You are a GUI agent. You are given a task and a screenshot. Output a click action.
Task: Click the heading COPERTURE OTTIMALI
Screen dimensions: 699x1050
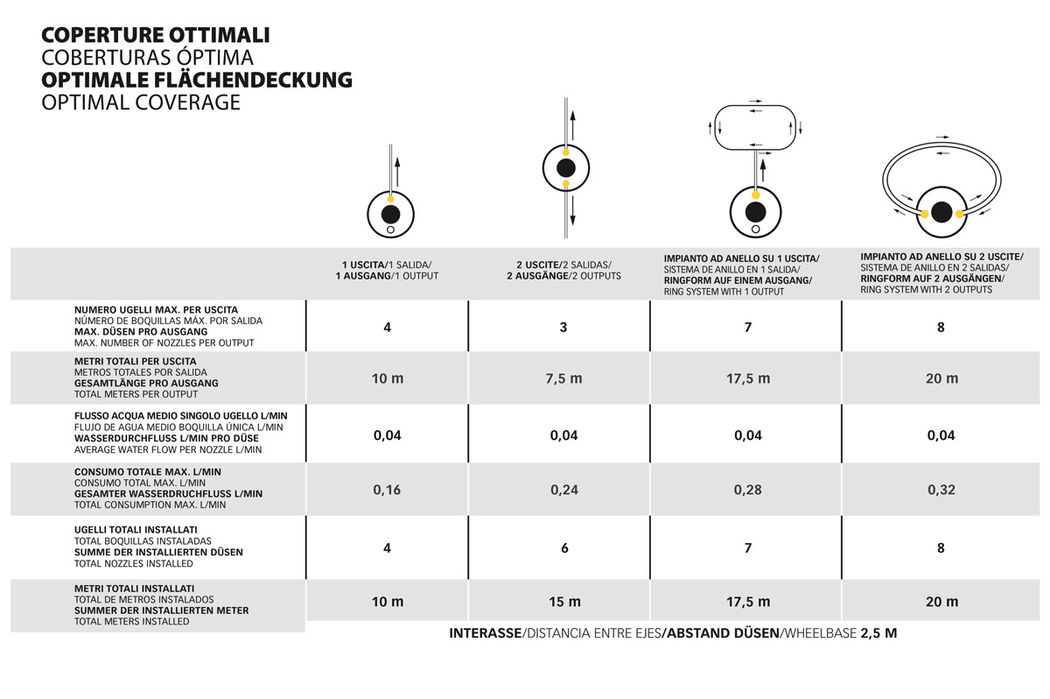tap(155, 35)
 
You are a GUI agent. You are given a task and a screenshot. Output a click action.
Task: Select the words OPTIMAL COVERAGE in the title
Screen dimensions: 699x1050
tap(140, 102)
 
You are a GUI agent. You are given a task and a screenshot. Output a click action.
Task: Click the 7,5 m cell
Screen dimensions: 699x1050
tap(563, 378)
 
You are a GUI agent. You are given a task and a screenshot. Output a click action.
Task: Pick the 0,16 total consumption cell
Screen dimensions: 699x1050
tap(387, 490)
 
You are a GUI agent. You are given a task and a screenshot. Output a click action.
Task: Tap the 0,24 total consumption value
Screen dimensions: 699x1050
tap(564, 490)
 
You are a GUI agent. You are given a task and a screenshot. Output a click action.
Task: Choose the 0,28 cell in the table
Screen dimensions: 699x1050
tap(748, 490)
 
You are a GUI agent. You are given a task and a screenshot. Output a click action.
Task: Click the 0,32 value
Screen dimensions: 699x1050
tap(941, 490)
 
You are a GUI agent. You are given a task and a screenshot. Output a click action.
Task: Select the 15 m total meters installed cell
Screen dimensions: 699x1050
tap(564, 602)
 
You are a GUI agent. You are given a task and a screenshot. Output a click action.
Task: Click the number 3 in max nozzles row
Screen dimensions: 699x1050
tap(563, 327)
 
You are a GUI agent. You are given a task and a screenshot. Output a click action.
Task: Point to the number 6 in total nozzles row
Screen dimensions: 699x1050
tap(564, 548)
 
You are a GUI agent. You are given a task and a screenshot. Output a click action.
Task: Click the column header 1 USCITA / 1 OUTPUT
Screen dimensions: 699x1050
tap(387, 270)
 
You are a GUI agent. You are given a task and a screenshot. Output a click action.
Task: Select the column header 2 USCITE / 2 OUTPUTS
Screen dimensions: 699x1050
tap(564, 270)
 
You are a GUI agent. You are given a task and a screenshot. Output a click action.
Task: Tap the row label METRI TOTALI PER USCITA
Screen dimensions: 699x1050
tap(136, 361)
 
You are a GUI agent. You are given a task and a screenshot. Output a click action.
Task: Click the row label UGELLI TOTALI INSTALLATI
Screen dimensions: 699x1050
tap(136, 530)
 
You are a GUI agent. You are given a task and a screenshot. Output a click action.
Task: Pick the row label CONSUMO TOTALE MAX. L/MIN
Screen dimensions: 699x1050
tap(136, 472)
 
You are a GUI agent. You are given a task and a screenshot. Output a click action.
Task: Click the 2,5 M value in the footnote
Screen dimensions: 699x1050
tap(878, 633)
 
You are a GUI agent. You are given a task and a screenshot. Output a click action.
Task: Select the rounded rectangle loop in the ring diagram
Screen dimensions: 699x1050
tap(756, 127)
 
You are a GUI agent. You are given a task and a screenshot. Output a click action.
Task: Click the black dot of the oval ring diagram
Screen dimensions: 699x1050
tap(942, 212)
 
